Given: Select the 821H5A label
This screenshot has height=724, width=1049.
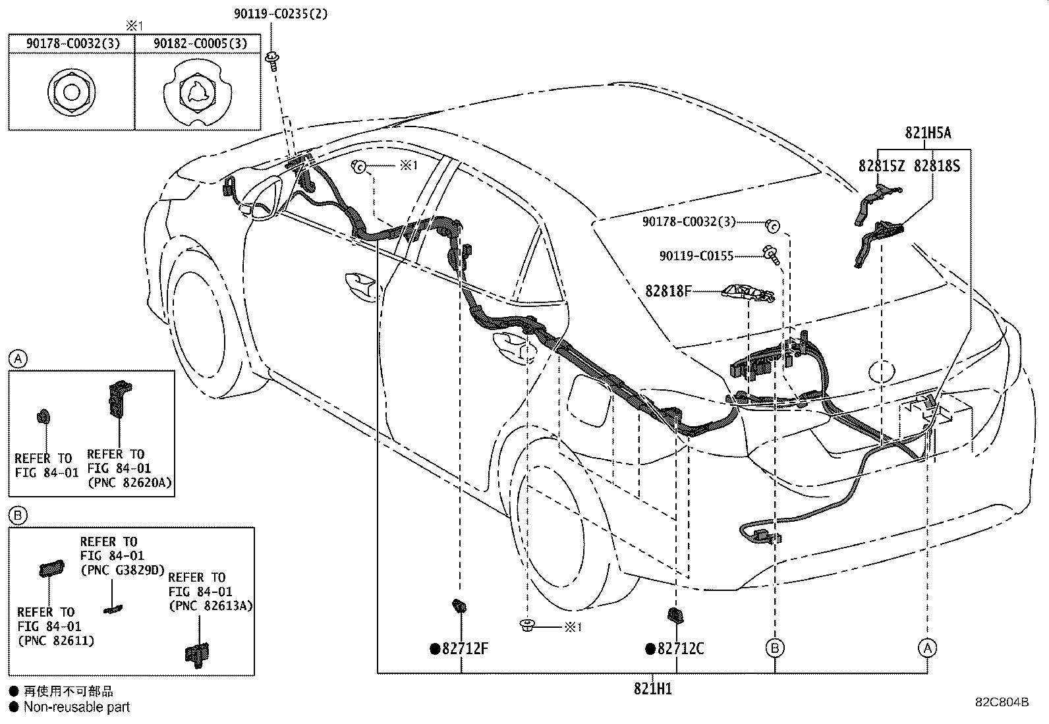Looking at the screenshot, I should click(928, 132).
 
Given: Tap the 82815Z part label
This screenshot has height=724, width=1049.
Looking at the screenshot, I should click(882, 166).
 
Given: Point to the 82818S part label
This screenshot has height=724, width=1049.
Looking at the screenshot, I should click(936, 166).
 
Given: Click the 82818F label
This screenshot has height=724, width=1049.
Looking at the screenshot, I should click(668, 291).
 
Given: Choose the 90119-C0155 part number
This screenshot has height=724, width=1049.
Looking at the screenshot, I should click(696, 256).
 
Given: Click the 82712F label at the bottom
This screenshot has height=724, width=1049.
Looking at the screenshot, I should click(465, 649).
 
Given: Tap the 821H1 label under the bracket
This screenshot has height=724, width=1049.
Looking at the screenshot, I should click(652, 688).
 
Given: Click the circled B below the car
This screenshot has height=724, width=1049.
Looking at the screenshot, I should click(775, 648).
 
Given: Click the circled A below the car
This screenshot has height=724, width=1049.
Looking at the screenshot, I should click(927, 648).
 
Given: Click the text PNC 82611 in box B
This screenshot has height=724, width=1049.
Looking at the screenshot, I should click(55, 640).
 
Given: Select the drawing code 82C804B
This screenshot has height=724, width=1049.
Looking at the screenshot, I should click(1002, 702).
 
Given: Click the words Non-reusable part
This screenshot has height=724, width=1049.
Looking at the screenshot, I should click(76, 707).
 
